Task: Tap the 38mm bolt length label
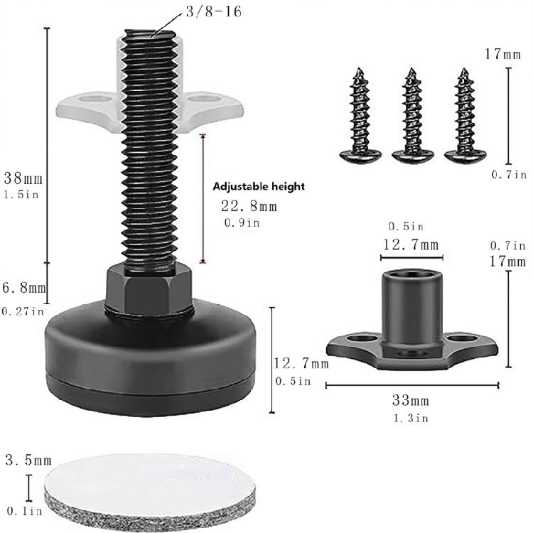click(x=22, y=177)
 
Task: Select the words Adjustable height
click(x=259, y=186)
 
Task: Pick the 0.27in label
click(x=23, y=311)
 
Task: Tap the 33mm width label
click(x=411, y=401)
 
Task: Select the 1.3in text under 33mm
click(x=411, y=418)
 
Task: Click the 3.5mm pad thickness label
click(x=28, y=460)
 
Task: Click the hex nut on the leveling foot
click(x=149, y=289)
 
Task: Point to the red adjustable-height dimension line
click(x=205, y=199)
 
